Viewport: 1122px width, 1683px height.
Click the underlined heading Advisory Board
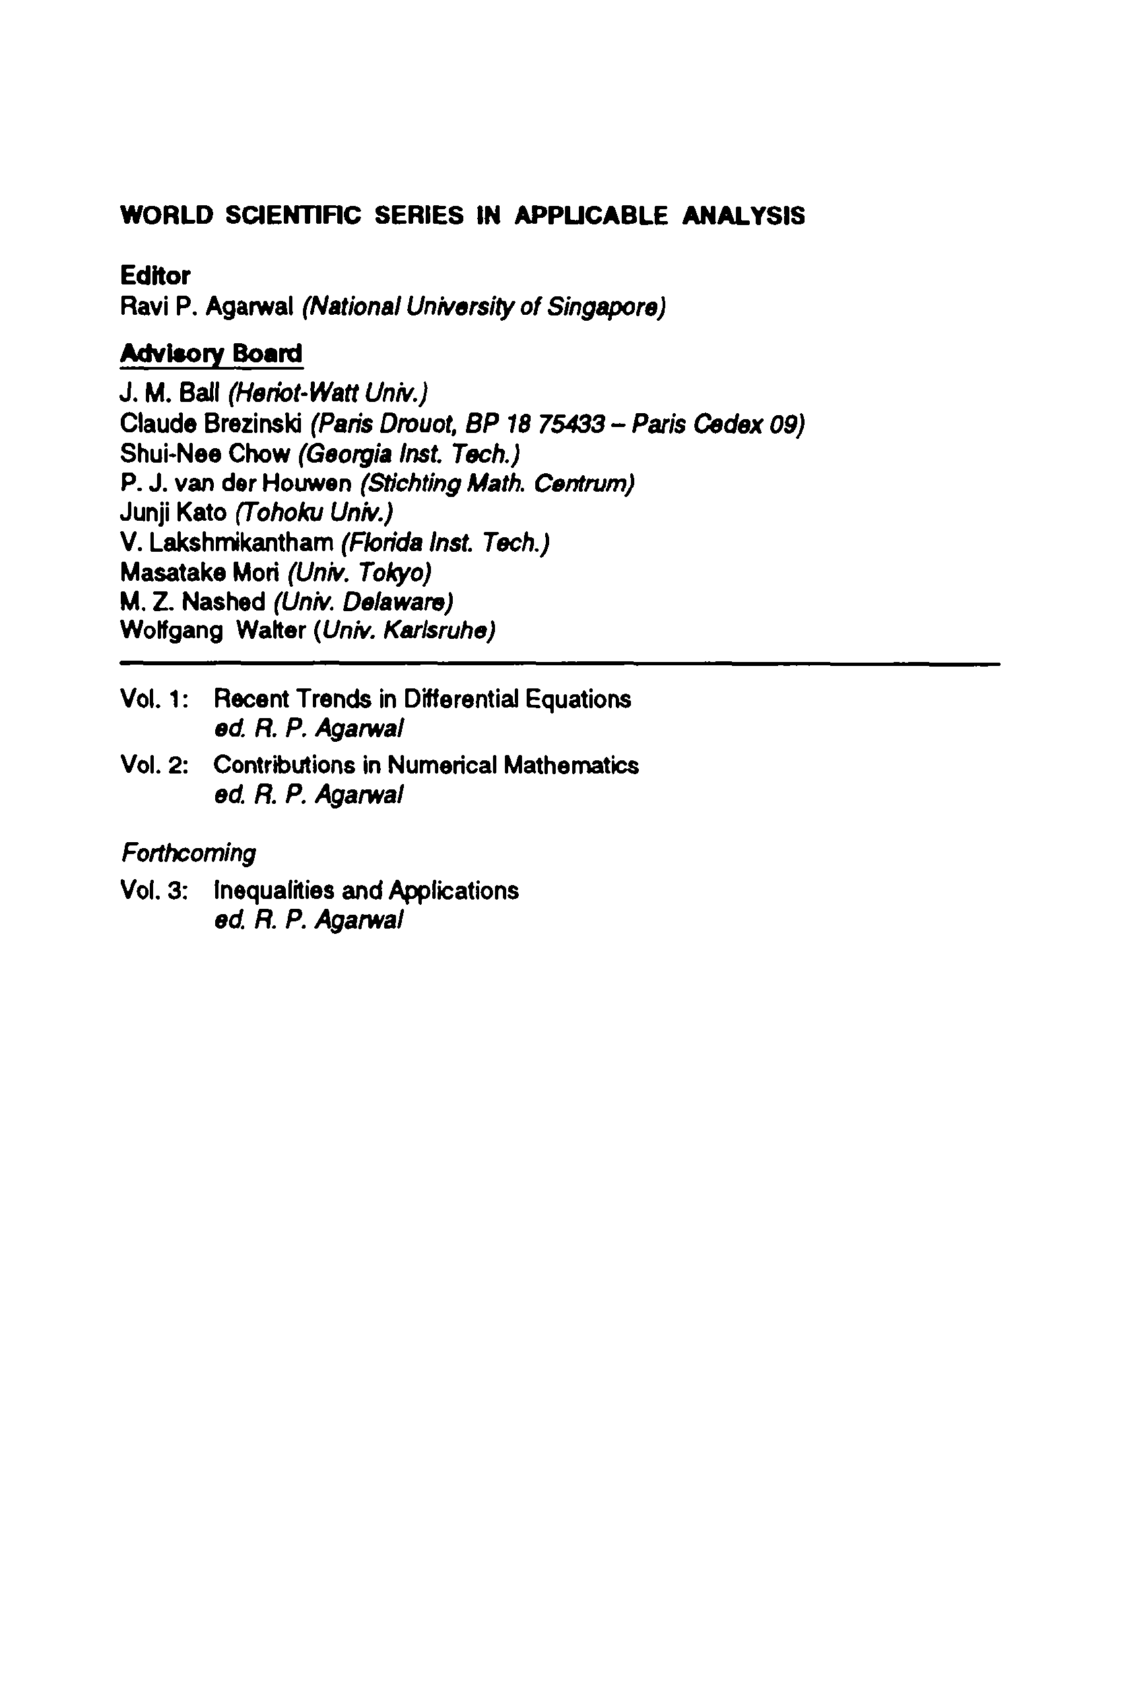point(211,353)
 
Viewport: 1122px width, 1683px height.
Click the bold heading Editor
point(154,275)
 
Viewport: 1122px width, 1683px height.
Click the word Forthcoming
point(188,853)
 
